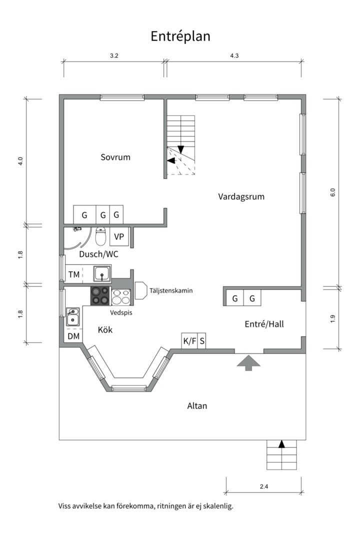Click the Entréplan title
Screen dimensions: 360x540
tap(180, 36)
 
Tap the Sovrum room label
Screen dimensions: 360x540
tap(115, 157)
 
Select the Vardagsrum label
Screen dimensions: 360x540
tap(241, 196)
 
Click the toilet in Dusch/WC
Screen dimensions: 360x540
tap(100, 236)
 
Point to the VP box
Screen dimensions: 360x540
tap(119, 236)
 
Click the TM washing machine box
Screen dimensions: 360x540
tap(73, 274)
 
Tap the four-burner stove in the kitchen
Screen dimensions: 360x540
tap(100, 296)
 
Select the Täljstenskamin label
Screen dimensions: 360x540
tap(171, 290)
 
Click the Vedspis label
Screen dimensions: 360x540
tap(121, 312)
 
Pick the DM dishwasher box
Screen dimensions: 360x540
tap(73, 336)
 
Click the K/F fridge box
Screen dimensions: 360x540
tap(189, 341)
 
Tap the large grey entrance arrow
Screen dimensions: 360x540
tap(248, 362)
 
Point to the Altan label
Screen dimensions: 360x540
tap(197, 405)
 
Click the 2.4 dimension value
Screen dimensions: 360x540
tap(264, 486)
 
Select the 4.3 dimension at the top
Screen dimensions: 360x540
tap(234, 56)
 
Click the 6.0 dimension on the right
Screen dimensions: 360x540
tap(332, 192)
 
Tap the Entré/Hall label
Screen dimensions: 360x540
tap(264, 323)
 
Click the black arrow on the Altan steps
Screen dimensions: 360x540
tap(282, 444)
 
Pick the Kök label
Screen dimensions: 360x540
tap(105, 330)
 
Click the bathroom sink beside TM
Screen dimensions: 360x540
tap(102, 274)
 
